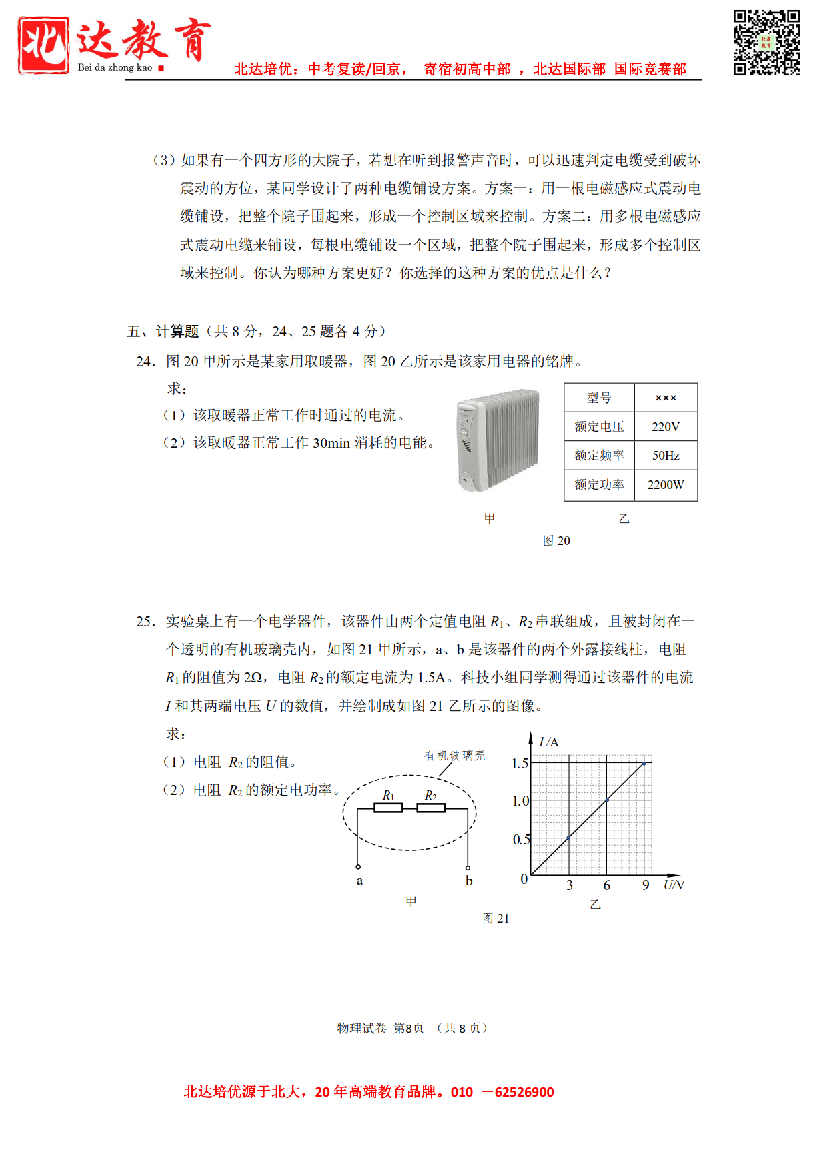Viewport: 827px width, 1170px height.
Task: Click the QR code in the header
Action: [x=766, y=43]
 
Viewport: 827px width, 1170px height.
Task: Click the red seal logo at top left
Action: [x=43, y=45]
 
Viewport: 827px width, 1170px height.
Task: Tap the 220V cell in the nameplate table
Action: [x=665, y=426]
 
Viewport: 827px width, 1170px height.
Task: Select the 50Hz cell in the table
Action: [x=665, y=455]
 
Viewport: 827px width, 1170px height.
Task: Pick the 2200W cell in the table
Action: [x=665, y=485]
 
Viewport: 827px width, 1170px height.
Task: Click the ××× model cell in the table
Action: [x=665, y=398]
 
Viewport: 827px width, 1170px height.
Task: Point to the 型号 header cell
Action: [x=598, y=398]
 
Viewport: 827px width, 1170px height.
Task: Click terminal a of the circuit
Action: [x=358, y=867]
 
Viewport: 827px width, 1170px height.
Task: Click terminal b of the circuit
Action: [x=468, y=867]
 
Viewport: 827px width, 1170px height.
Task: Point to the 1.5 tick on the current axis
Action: [x=520, y=764]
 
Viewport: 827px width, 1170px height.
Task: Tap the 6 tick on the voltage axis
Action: [x=607, y=885]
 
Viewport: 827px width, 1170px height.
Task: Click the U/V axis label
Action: [x=674, y=885]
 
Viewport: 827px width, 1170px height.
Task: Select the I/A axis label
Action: [x=548, y=742]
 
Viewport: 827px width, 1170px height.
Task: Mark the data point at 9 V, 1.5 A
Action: [x=644, y=763]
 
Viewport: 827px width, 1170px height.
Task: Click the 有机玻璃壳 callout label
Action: [x=455, y=755]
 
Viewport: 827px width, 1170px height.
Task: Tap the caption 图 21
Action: [x=496, y=919]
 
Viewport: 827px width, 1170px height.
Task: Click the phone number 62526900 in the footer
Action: [x=524, y=1092]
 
